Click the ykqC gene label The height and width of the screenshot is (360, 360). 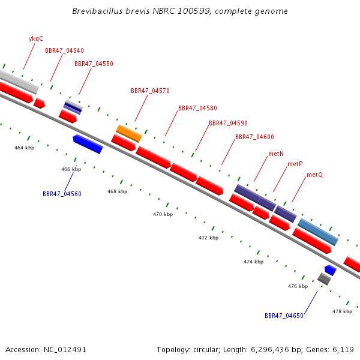[x=36, y=39]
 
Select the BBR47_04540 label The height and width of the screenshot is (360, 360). [x=64, y=50]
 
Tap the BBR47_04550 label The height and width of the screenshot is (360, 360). [x=94, y=64]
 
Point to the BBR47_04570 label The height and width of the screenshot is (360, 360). [x=150, y=91]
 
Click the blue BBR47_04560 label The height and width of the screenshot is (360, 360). [x=62, y=194]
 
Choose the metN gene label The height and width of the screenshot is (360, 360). [x=276, y=154]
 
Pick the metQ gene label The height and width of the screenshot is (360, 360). [x=315, y=175]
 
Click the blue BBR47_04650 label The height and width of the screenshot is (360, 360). [x=284, y=316]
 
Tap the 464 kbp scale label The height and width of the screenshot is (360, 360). [x=25, y=148]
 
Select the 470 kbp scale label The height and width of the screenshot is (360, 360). [x=163, y=214]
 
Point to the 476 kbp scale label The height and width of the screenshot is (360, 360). [x=298, y=286]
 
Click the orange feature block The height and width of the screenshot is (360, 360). [x=129, y=133]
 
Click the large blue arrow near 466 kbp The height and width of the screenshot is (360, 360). [x=88, y=144]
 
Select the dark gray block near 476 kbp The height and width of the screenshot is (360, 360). [x=324, y=279]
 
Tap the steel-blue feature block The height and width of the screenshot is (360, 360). [x=318, y=232]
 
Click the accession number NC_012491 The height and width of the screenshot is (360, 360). [x=65, y=350]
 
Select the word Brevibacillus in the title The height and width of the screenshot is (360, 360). [x=97, y=11]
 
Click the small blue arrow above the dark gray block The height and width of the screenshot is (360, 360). [x=331, y=270]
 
